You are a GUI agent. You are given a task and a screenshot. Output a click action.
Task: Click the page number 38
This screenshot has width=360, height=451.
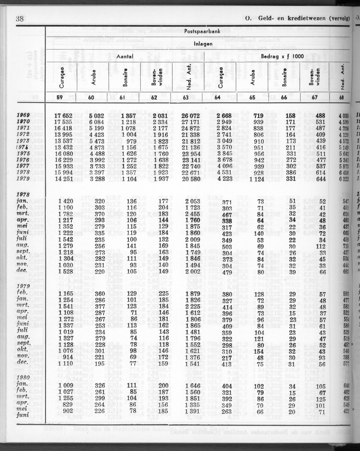pyautogui.click(x=19, y=18)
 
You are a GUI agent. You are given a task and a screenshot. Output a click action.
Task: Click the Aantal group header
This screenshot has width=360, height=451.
pyautogui.click(x=125, y=56)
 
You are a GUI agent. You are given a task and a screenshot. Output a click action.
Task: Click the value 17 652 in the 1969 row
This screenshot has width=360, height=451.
pyautogui.click(x=63, y=116)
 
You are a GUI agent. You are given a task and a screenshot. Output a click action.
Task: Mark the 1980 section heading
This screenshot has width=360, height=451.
pyautogui.click(x=24, y=378)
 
